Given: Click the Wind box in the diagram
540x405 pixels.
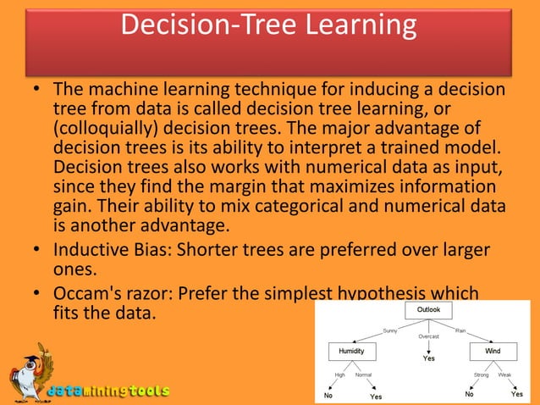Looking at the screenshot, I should click(x=493, y=350).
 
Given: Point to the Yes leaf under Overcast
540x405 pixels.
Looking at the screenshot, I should click(x=429, y=358).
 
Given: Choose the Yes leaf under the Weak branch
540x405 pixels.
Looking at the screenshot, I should click(x=516, y=394).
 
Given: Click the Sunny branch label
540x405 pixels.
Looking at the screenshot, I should click(x=390, y=330).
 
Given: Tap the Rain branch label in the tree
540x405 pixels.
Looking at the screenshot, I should click(x=460, y=330).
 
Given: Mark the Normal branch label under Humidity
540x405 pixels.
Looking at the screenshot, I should click(x=364, y=374).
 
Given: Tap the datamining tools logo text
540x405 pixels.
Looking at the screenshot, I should click(x=107, y=391).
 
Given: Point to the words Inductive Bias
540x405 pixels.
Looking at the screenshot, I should click(x=103, y=252).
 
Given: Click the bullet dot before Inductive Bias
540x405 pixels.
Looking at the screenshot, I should click(x=39, y=252).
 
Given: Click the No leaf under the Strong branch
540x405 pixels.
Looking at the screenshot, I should click(x=468, y=394).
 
